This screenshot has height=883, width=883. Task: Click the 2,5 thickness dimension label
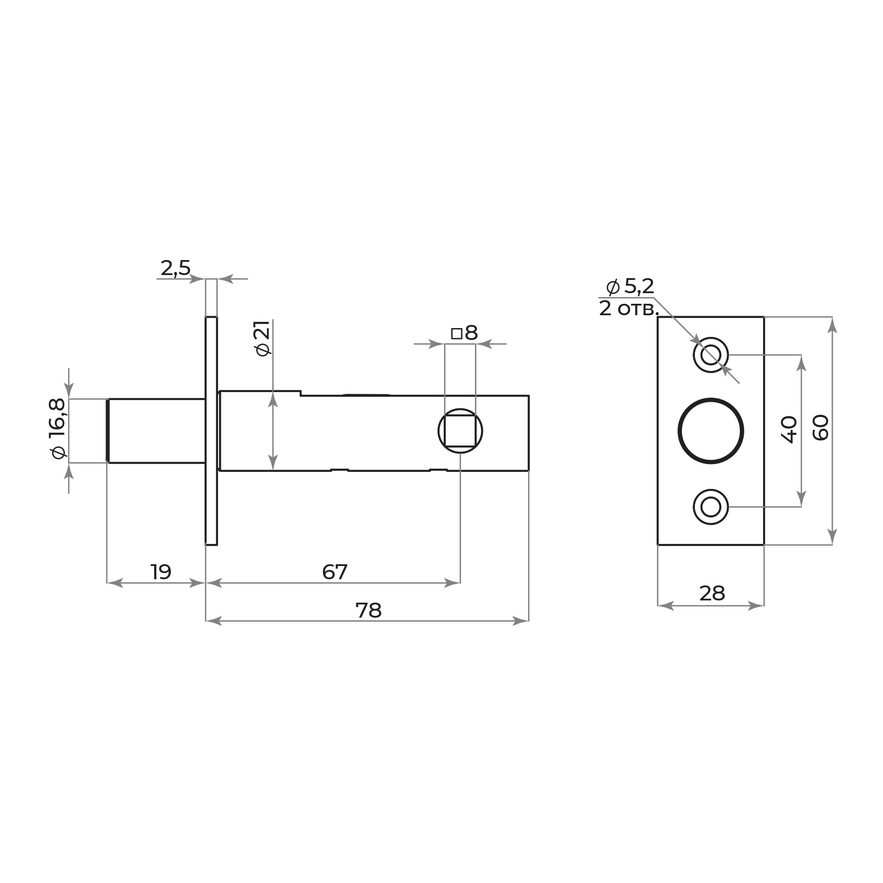pos(176,268)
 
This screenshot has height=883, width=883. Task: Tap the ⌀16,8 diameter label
pos(57,428)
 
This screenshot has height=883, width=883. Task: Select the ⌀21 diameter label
pos(263,338)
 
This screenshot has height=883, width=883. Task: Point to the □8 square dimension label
pos(464,333)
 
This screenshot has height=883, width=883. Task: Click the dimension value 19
pos(161,572)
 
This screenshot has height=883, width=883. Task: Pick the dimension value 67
pos(335,572)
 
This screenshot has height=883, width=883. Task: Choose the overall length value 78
pos(368,611)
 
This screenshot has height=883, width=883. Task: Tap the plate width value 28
pos(712,594)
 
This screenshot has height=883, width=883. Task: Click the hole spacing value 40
pos(789,430)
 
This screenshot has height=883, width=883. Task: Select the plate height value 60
pos(821,428)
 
